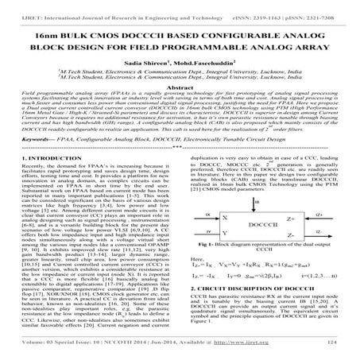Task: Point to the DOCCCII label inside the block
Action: [270, 226]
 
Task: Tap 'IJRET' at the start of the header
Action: [14, 7]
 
